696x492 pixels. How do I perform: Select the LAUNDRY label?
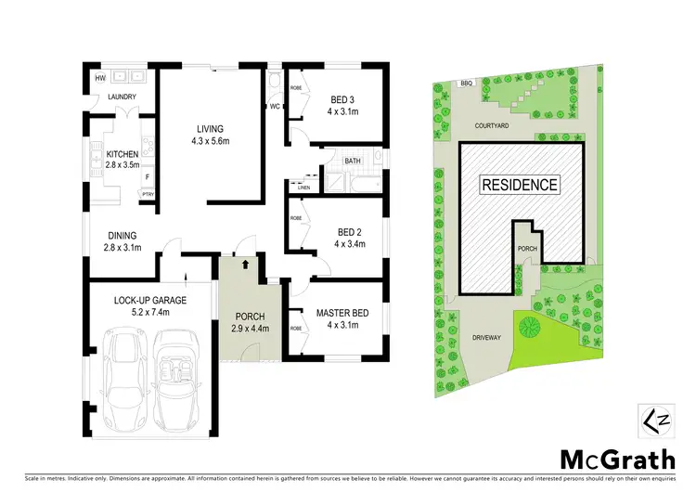click(x=122, y=97)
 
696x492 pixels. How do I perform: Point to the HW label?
click(x=98, y=78)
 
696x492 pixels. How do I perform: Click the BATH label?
click(x=353, y=162)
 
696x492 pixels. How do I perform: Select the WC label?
click(x=275, y=107)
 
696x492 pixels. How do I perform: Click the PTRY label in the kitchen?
click(x=147, y=193)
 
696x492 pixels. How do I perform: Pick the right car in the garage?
click(x=176, y=381)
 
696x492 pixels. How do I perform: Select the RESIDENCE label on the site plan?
click(x=520, y=185)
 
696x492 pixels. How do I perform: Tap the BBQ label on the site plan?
click(x=466, y=84)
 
